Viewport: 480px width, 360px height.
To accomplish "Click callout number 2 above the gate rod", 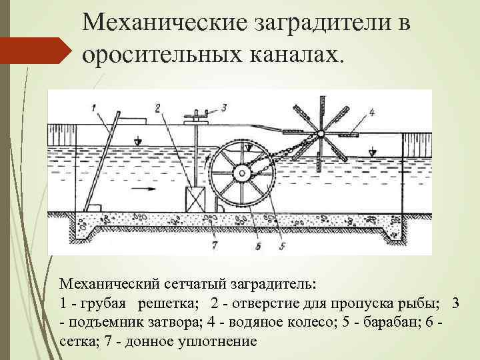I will pyautogui.click(x=158, y=107).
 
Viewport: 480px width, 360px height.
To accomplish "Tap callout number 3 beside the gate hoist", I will pyautogui.click(x=224, y=107).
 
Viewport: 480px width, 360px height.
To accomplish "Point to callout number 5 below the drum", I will pyautogui.click(x=282, y=246).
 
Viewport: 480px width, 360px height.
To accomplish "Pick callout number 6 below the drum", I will pyautogui.click(x=256, y=246).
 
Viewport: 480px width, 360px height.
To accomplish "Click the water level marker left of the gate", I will pyautogui.click(x=137, y=141).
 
